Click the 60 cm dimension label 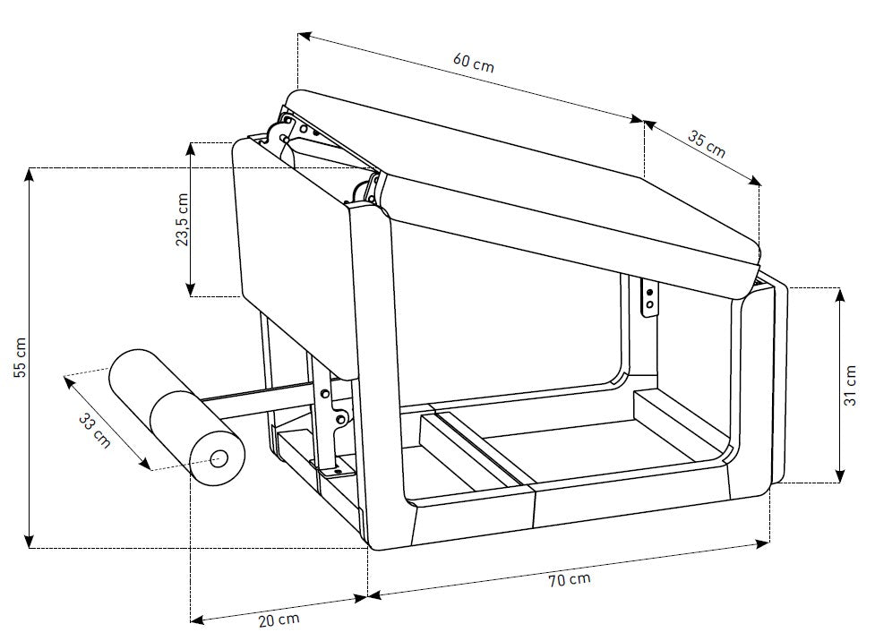click(473, 62)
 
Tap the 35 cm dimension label click(707, 143)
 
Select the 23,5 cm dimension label click(183, 219)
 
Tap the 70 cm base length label click(569, 579)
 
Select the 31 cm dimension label click(851, 386)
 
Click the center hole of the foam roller click(219, 460)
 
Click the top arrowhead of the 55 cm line click(30, 174)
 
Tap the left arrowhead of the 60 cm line click(304, 36)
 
